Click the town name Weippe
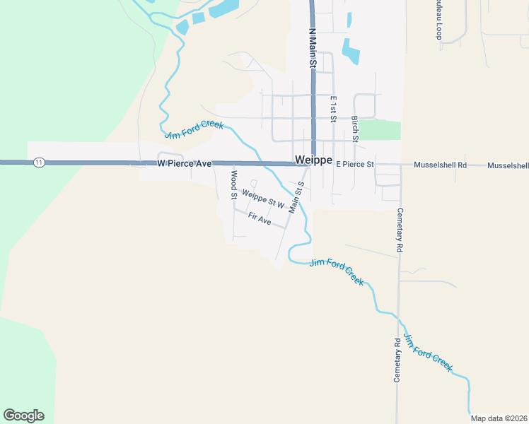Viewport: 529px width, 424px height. tap(313, 160)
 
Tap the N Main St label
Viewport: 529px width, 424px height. tap(311, 48)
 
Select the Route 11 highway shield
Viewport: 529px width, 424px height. tap(39, 163)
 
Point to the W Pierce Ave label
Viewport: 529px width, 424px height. tap(185, 163)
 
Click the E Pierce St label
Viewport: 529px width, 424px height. tap(354, 165)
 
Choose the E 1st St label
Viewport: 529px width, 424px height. tap(333, 109)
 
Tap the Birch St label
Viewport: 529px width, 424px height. tap(356, 128)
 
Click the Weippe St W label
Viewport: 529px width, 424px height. tap(262, 199)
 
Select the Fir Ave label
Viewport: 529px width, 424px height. tap(260, 220)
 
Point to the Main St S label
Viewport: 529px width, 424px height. tap(296, 197)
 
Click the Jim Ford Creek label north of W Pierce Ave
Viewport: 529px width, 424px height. tap(194, 130)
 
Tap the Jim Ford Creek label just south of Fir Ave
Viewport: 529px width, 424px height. tap(337, 271)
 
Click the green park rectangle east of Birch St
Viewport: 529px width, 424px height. tap(380, 130)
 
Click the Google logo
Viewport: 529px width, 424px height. tap(23, 416)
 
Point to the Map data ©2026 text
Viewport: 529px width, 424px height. tap(499, 418)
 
